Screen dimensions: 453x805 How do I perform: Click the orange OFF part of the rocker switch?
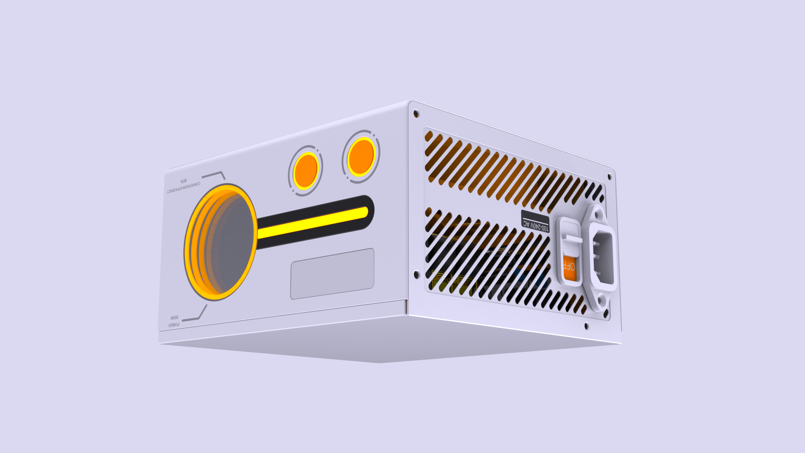[x=569, y=267]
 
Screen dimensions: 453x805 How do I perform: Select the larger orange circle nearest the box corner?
[x=361, y=157]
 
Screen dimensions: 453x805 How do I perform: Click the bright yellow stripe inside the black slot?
[x=313, y=222]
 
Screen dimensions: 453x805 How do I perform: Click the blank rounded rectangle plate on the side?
[x=332, y=274]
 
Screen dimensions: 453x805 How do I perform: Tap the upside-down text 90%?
[x=184, y=181]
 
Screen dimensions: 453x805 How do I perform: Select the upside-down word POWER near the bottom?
[x=174, y=324]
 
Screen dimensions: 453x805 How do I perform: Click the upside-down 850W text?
[x=175, y=317]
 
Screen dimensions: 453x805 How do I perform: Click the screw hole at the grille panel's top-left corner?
[x=416, y=113]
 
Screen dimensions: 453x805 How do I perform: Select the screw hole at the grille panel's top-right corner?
[x=609, y=177]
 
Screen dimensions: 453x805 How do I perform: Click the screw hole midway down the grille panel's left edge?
[x=417, y=274]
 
